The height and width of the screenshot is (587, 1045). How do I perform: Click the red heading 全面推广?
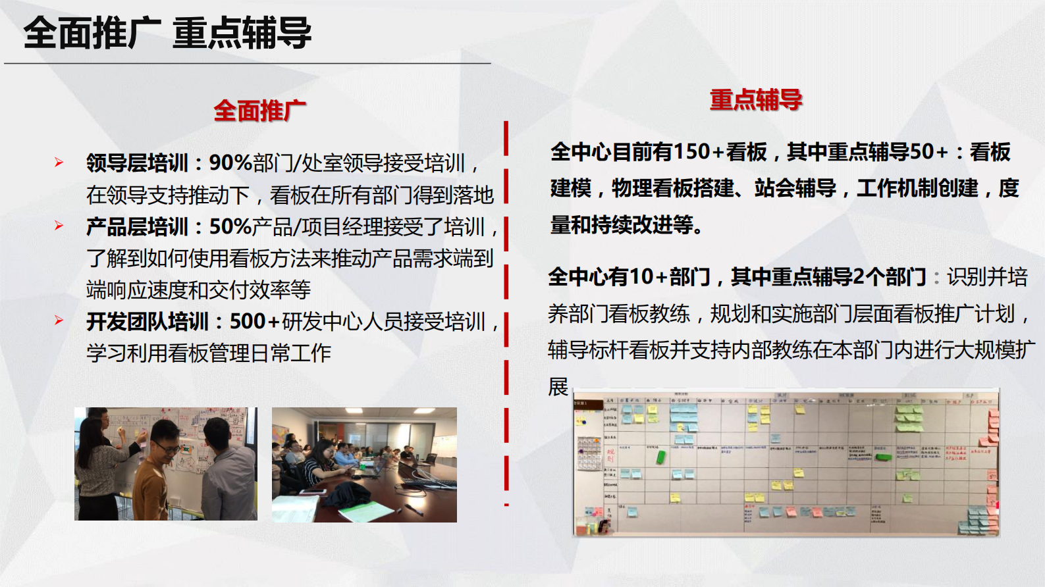pyautogui.click(x=259, y=111)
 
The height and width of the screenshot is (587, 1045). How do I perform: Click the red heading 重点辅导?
pyautogui.click(x=756, y=99)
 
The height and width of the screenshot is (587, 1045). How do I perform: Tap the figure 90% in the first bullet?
pyautogui.click(x=230, y=163)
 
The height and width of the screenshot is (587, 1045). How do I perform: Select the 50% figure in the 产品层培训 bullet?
pyautogui.click(x=230, y=226)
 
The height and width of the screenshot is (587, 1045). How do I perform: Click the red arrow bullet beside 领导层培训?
pyautogui.click(x=59, y=163)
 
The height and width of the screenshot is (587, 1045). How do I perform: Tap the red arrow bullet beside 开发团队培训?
pyautogui.click(x=59, y=321)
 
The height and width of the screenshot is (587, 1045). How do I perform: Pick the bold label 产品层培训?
pyautogui.click(x=137, y=226)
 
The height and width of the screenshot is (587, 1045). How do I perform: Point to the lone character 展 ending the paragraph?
pyautogui.click(x=558, y=386)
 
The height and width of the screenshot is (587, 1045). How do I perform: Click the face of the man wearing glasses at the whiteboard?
pyautogui.click(x=166, y=442)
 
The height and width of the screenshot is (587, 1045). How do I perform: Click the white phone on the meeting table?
pyautogui.click(x=313, y=491)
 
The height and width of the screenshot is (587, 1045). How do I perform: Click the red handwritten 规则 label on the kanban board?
pyautogui.click(x=610, y=455)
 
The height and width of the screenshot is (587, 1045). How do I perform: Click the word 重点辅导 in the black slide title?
pyautogui.click(x=242, y=34)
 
